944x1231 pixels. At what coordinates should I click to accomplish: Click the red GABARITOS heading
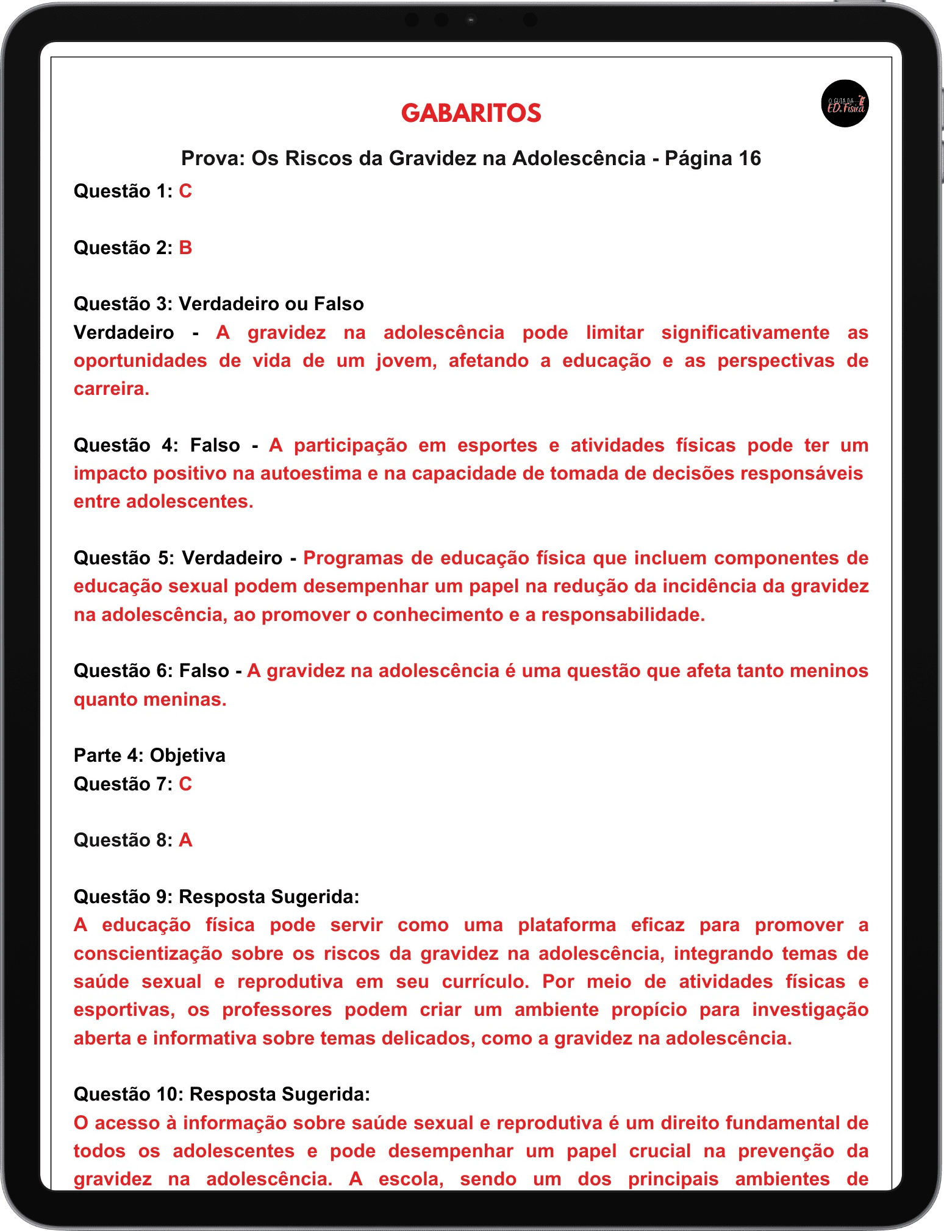(471, 113)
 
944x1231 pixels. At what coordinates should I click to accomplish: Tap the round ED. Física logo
(845, 104)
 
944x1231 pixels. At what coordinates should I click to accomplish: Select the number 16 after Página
(749, 158)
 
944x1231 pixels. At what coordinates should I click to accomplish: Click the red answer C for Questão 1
(185, 191)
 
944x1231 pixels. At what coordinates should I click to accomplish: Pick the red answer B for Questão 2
(185, 248)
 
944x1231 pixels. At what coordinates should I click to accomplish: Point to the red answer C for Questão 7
(185, 784)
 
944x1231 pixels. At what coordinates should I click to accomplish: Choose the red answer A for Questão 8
(185, 840)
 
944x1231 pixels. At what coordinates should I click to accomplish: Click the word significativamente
(745, 333)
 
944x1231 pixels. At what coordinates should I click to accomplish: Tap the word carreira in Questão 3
(110, 389)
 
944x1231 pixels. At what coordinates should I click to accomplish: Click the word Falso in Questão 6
(204, 671)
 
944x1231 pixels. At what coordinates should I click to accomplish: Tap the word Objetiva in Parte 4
(188, 756)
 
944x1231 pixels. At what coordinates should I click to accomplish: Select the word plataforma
(567, 925)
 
